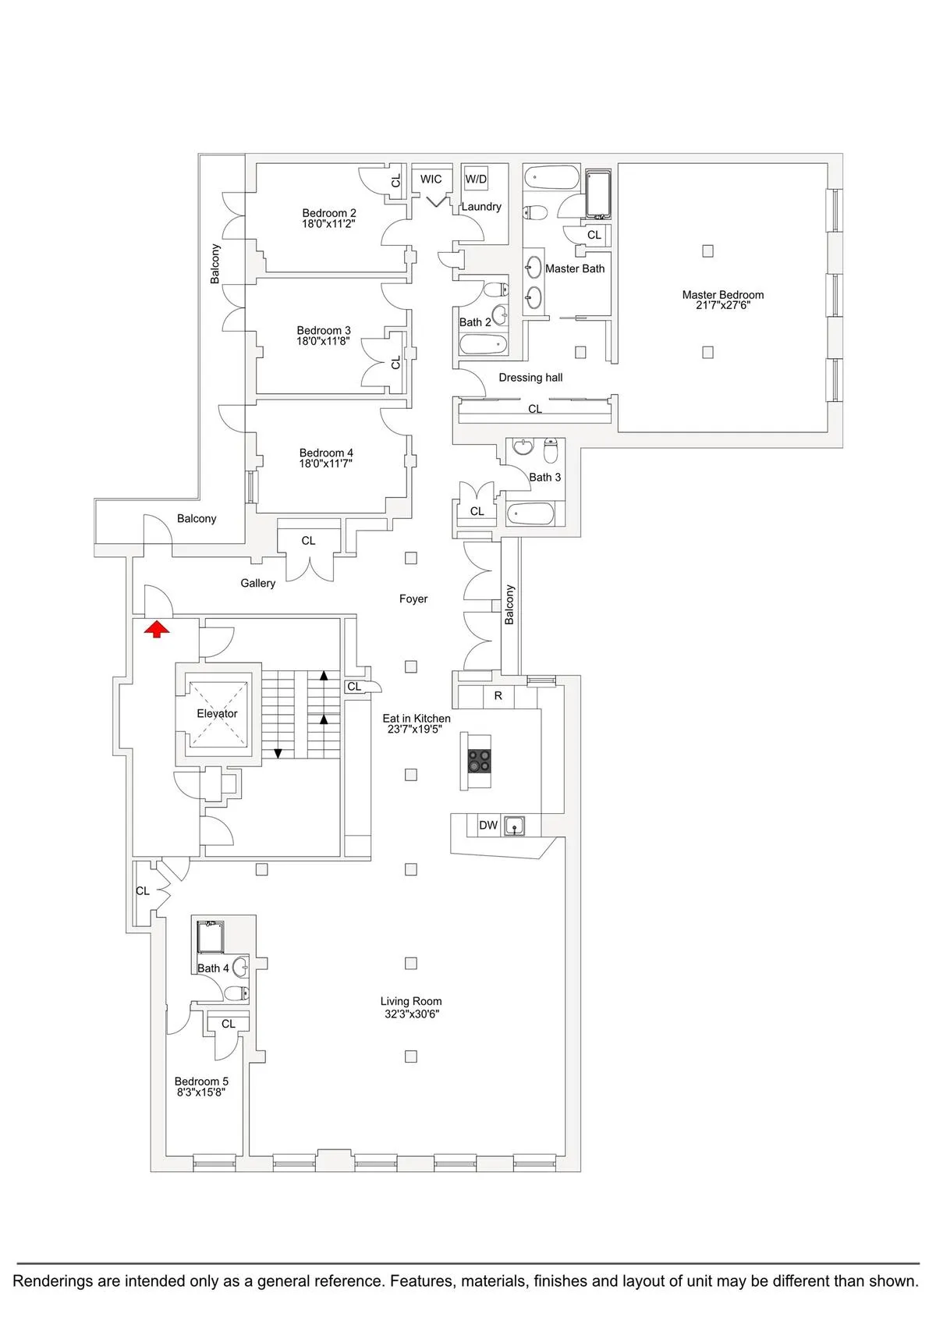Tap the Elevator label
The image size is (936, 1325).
(x=217, y=713)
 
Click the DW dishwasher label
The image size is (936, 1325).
(x=488, y=826)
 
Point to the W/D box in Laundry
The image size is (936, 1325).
(x=476, y=179)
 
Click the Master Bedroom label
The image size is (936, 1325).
(x=722, y=294)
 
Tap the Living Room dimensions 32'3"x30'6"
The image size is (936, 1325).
(x=411, y=1014)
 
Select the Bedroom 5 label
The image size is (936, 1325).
(x=201, y=1081)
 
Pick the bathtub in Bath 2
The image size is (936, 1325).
(x=484, y=344)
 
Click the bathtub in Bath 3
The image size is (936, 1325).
(x=530, y=513)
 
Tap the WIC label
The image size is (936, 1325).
(x=431, y=179)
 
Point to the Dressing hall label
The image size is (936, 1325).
(x=530, y=378)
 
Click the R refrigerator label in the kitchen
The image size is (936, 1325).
(x=498, y=695)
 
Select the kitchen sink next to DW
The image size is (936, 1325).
(x=513, y=825)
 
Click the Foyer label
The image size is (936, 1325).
(x=413, y=599)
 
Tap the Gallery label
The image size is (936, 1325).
(x=257, y=583)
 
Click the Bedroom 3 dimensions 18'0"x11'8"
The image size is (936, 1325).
(x=324, y=341)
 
